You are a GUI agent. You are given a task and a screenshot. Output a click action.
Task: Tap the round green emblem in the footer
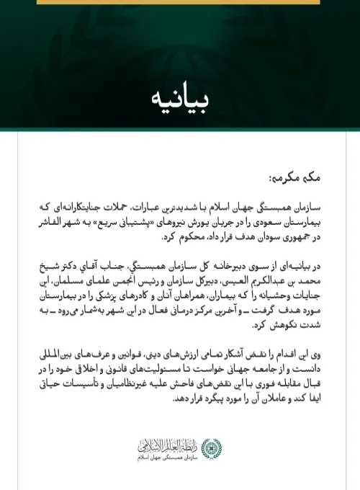pos(210,449)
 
